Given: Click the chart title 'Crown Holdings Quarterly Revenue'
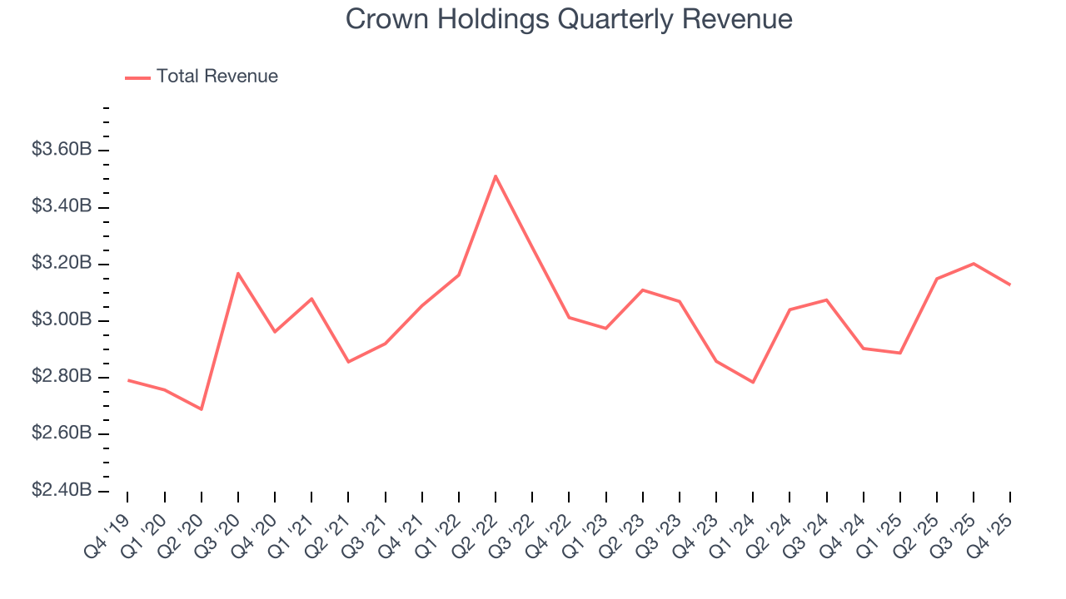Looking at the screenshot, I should [569, 19].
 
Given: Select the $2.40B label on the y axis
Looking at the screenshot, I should [62, 491].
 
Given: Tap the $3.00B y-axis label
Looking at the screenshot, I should [62, 320].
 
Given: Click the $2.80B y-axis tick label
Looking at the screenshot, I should [62, 377].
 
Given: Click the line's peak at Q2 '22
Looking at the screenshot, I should [496, 176].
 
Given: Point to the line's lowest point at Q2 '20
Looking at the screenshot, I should [202, 409].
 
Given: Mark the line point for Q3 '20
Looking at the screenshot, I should [238, 273].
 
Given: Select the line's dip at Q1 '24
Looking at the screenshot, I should [753, 383].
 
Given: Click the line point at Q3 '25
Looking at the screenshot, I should [974, 264].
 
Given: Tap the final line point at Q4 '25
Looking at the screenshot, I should [1010, 285].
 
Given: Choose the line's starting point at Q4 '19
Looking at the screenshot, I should [127, 380].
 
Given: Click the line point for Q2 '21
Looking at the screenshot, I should [348, 362].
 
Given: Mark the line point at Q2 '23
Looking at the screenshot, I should [643, 290].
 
